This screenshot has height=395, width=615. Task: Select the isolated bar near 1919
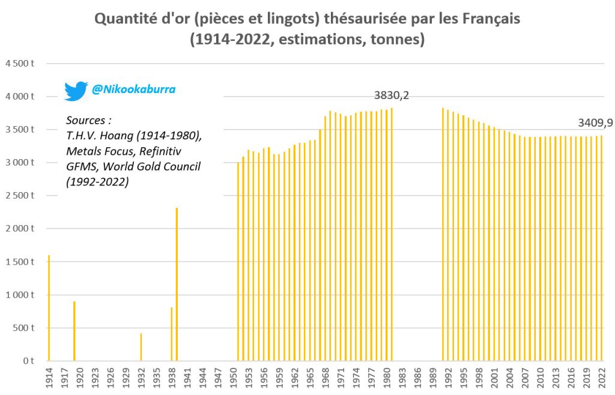74,331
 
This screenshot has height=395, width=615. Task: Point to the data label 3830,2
392,95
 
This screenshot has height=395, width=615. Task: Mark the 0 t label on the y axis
27,361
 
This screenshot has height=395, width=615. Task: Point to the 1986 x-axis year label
417,379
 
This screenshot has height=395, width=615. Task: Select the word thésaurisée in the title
360,19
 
